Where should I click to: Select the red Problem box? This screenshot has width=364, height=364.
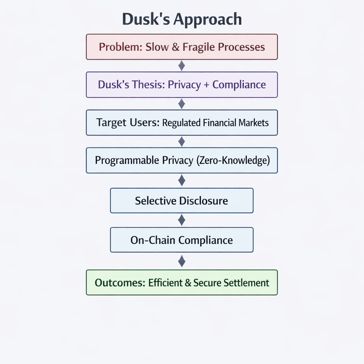coord(182,47)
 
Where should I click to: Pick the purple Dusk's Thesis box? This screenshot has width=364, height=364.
coord(182,85)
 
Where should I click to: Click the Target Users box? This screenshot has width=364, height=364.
coord(182,123)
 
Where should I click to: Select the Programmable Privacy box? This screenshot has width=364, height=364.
coord(182,160)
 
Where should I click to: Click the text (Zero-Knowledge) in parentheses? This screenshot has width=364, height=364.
coord(233,160)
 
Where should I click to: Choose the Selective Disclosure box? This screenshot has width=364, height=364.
coord(182,200)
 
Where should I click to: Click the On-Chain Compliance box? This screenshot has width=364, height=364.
coord(182,240)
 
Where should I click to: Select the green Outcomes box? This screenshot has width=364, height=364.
coord(182,283)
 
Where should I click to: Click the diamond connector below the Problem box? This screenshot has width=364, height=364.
coord(182,66)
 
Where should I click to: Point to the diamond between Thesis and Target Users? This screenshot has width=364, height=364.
coord(182,103)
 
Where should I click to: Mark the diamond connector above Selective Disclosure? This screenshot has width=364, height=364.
coord(182,181)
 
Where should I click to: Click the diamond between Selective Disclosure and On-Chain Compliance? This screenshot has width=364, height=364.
coord(182,220)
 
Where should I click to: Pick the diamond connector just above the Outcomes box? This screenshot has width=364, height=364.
coord(182,261)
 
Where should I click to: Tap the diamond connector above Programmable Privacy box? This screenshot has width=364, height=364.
coord(182,141)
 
